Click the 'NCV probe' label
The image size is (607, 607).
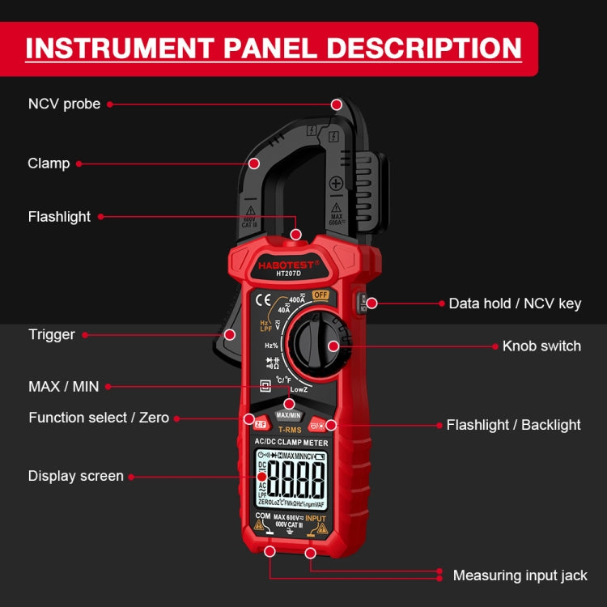pyautogui.click(x=65, y=104)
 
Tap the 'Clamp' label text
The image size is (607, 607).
pyautogui.click(x=49, y=163)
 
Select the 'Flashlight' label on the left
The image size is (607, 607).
pyautogui.click(x=59, y=217)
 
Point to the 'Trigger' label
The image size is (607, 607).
pyautogui.click(x=52, y=334)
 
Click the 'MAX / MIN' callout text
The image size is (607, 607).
pyautogui.click(x=63, y=387)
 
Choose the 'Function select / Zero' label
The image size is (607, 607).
pyautogui.click(x=99, y=418)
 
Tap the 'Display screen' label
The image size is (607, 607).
pyautogui.click(x=76, y=476)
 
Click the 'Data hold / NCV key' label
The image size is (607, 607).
pyautogui.click(x=515, y=303)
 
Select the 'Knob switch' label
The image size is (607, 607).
pyautogui.click(x=541, y=346)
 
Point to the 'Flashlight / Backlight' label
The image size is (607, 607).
pyautogui.click(x=514, y=425)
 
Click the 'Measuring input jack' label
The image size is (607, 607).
pyautogui.click(x=520, y=575)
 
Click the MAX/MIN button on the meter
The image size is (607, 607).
pyautogui.click(x=288, y=414)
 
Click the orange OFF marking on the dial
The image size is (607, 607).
pyautogui.click(x=320, y=295)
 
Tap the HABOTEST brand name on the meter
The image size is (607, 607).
pyautogui.click(x=288, y=265)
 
